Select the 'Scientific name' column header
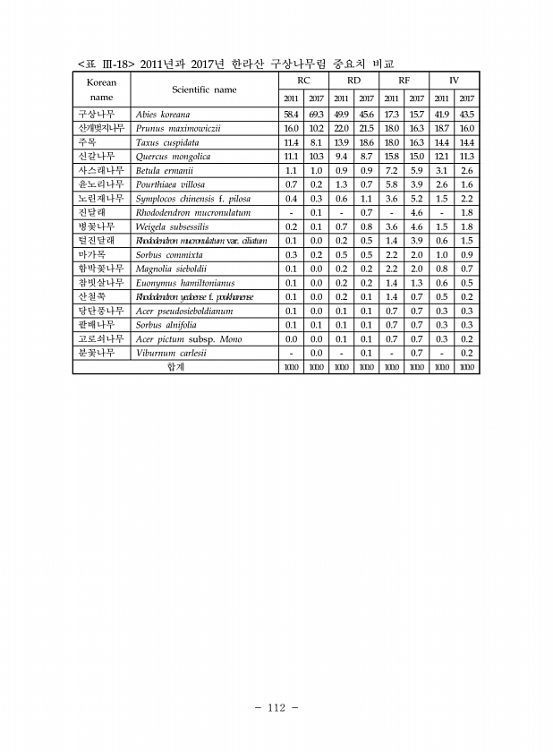point(204,90)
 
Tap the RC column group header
point(304,81)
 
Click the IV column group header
point(454,81)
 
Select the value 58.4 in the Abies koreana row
point(292,115)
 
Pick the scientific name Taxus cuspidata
point(166,142)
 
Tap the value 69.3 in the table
point(316,115)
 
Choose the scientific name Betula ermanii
point(165,170)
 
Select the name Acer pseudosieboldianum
point(183,310)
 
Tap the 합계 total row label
point(176,366)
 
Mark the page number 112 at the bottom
point(276,708)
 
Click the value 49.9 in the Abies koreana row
point(341,115)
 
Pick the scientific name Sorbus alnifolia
point(168,324)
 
